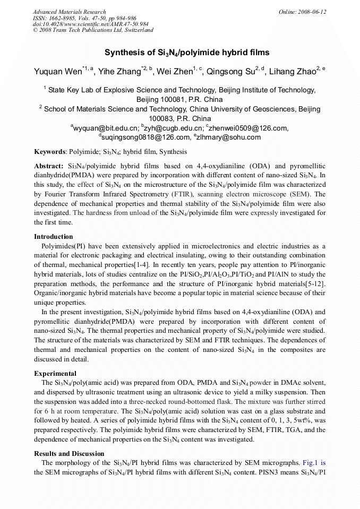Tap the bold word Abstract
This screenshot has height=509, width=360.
(48, 166)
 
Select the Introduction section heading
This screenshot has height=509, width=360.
(54, 237)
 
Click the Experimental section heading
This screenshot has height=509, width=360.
(55, 373)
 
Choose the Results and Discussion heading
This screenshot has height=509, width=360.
(69, 454)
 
